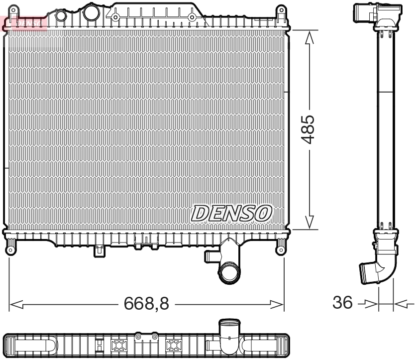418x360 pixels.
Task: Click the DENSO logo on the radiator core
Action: tap(232, 213)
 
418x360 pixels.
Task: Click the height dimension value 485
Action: tap(309, 129)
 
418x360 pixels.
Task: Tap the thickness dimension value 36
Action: tap(342, 302)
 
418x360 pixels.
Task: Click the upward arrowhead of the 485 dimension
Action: tap(309, 36)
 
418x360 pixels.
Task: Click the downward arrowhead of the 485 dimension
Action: tap(309, 223)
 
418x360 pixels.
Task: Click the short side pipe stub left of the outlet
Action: tap(210, 256)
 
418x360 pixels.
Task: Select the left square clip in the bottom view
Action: tap(119, 346)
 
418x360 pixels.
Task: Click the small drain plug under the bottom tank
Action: tap(99, 250)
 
